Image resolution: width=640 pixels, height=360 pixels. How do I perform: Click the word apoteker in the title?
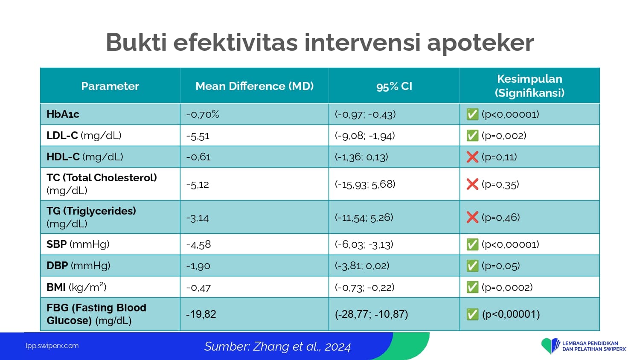(x=480, y=43)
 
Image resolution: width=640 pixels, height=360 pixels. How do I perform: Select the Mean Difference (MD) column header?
(x=255, y=86)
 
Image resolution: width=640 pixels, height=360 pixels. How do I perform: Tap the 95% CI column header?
(x=394, y=86)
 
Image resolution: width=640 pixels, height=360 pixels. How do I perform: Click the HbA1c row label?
(x=63, y=114)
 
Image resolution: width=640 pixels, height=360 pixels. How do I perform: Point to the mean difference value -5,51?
(x=198, y=136)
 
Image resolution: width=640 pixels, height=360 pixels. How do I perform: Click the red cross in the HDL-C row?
(x=472, y=157)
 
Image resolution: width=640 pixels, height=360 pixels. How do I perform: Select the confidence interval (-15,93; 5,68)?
(x=365, y=184)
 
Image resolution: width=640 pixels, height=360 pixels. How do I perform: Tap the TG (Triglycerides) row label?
(x=91, y=217)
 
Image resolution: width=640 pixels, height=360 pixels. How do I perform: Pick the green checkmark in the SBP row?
(x=472, y=244)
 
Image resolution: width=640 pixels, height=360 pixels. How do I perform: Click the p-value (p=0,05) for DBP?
(x=500, y=266)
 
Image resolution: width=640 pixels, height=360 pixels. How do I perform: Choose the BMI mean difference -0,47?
(x=198, y=287)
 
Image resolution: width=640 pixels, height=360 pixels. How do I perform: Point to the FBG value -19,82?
(x=201, y=314)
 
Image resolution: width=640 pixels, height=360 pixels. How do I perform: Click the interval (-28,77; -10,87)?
(x=372, y=314)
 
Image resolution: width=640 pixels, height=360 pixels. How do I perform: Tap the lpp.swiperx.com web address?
(x=52, y=346)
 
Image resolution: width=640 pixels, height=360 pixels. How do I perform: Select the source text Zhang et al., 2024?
(x=302, y=347)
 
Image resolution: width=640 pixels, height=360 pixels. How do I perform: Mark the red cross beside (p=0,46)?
(x=472, y=218)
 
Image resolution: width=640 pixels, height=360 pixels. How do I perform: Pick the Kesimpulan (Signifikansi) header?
(x=530, y=86)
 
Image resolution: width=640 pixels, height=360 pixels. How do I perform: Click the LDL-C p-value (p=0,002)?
(x=504, y=136)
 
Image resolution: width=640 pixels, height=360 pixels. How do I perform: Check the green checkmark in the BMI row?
(x=472, y=287)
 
